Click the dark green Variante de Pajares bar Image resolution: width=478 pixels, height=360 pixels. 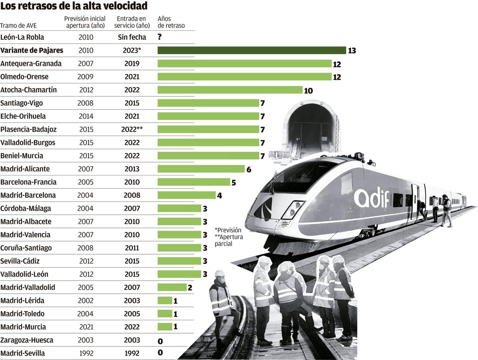[252, 50]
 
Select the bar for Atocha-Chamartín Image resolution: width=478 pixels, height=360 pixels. [230, 90]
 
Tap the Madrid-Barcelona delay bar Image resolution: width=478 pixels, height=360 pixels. [186, 195]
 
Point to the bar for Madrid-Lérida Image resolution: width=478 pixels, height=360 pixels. [165, 301]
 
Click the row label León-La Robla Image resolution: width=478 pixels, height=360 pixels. [22, 37]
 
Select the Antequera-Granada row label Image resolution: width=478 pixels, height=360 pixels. [31, 63]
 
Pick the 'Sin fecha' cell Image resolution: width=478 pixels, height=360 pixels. [132, 37]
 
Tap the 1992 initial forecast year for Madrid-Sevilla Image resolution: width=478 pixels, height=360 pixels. [86, 353]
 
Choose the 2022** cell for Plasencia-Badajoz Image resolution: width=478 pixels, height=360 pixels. [132, 129]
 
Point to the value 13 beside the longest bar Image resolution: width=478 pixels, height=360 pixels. [352, 51]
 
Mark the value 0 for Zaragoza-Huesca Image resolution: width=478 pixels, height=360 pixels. [160, 340]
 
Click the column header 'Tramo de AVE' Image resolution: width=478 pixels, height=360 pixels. [19, 26]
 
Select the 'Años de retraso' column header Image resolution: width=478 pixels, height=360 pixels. [171, 22]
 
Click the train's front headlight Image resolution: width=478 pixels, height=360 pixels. [292, 209]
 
